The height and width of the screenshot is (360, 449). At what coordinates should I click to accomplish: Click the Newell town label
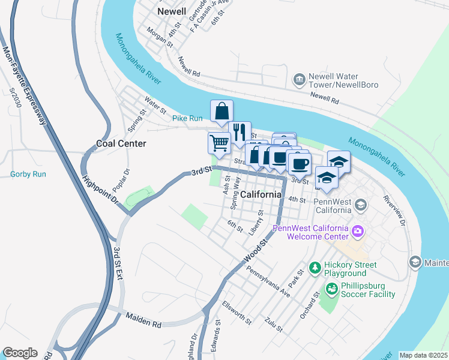(x=171, y=11)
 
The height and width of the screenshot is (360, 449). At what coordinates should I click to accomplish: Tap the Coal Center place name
(x=121, y=143)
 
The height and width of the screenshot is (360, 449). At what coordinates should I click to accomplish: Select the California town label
(x=261, y=194)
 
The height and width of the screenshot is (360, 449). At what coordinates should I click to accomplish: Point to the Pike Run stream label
(x=187, y=118)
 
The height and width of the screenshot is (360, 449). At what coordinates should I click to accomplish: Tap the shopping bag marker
(x=221, y=111)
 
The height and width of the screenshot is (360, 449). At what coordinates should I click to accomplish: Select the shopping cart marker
(x=219, y=143)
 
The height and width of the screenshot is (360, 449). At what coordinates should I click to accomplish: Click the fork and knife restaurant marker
(x=239, y=132)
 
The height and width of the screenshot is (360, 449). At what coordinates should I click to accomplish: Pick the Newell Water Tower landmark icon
(x=298, y=80)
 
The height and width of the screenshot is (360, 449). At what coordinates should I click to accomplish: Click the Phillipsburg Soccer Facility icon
(x=331, y=289)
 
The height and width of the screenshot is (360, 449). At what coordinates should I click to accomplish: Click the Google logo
(x=20, y=353)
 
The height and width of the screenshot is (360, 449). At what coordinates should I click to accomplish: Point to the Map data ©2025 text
(x=423, y=355)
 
